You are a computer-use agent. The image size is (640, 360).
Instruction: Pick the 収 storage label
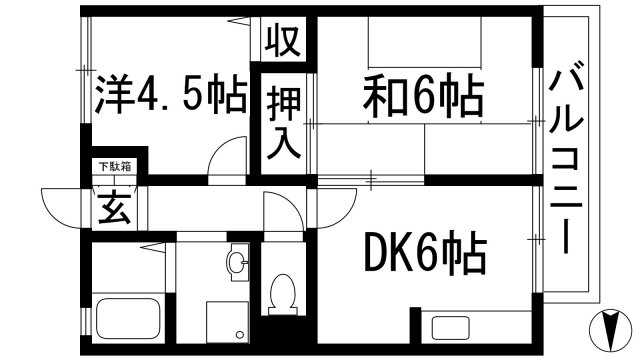pyautogui.click(x=283, y=42)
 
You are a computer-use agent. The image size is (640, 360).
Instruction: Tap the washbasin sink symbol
pyautogui.click(x=235, y=263)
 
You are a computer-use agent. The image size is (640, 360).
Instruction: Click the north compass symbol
pyautogui.click(x=611, y=326)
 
